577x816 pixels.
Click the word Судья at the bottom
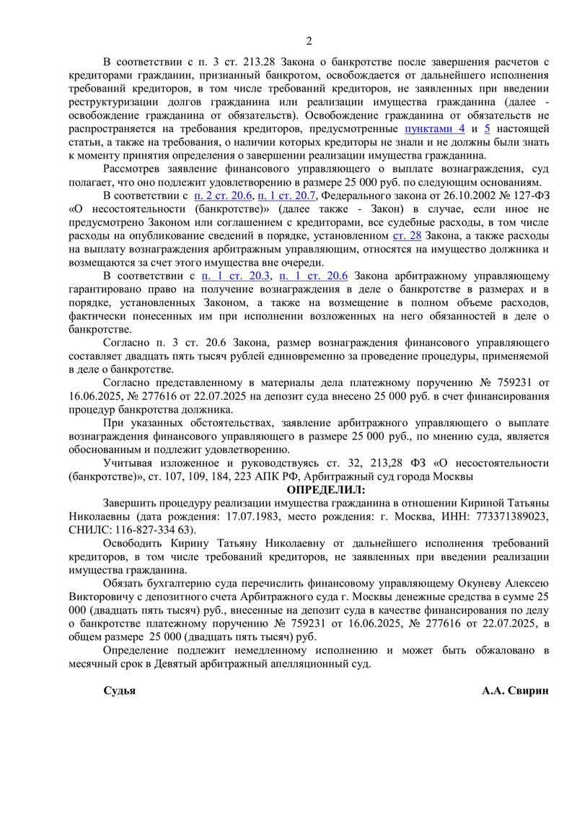click(x=120, y=690)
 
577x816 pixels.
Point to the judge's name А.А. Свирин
click(x=516, y=690)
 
